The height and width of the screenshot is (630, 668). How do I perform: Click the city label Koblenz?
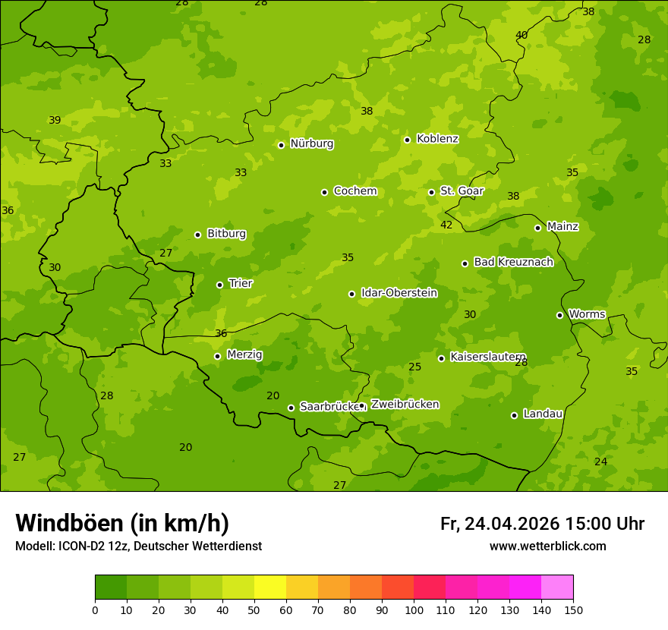click(x=437, y=139)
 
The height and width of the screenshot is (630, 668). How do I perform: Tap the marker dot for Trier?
click(x=219, y=285)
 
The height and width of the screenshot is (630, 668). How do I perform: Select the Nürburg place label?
click(x=311, y=143)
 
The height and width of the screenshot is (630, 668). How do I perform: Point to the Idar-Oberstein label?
click(x=399, y=293)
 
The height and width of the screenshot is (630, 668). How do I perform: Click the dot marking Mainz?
click(x=537, y=228)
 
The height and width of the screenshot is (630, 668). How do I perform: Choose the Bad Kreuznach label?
click(x=513, y=262)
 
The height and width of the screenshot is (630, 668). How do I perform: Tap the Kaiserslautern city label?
click(x=487, y=357)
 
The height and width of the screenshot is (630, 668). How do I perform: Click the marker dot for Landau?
click(x=514, y=415)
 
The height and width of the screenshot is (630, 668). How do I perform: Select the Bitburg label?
click(x=226, y=234)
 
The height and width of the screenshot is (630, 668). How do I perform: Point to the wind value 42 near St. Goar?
click(x=446, y=225)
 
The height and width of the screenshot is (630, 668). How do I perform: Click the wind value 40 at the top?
click(x=521, y=35)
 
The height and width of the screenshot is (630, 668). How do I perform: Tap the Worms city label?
click(x=587, y=314)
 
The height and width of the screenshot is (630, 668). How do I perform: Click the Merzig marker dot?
click(x=217, y=356)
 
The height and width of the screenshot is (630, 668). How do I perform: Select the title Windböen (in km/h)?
click(x=122, y=523)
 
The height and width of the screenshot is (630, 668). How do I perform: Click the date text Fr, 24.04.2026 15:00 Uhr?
click(x=542, y=524)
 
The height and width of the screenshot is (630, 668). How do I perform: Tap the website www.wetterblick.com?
click(x=547, y=547)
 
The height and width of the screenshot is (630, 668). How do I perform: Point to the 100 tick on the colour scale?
click(x=414, y=610)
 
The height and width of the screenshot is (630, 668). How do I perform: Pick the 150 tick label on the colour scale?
click(x=573, y=610)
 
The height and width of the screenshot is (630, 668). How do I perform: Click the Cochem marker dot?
click(x=324, y=192)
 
